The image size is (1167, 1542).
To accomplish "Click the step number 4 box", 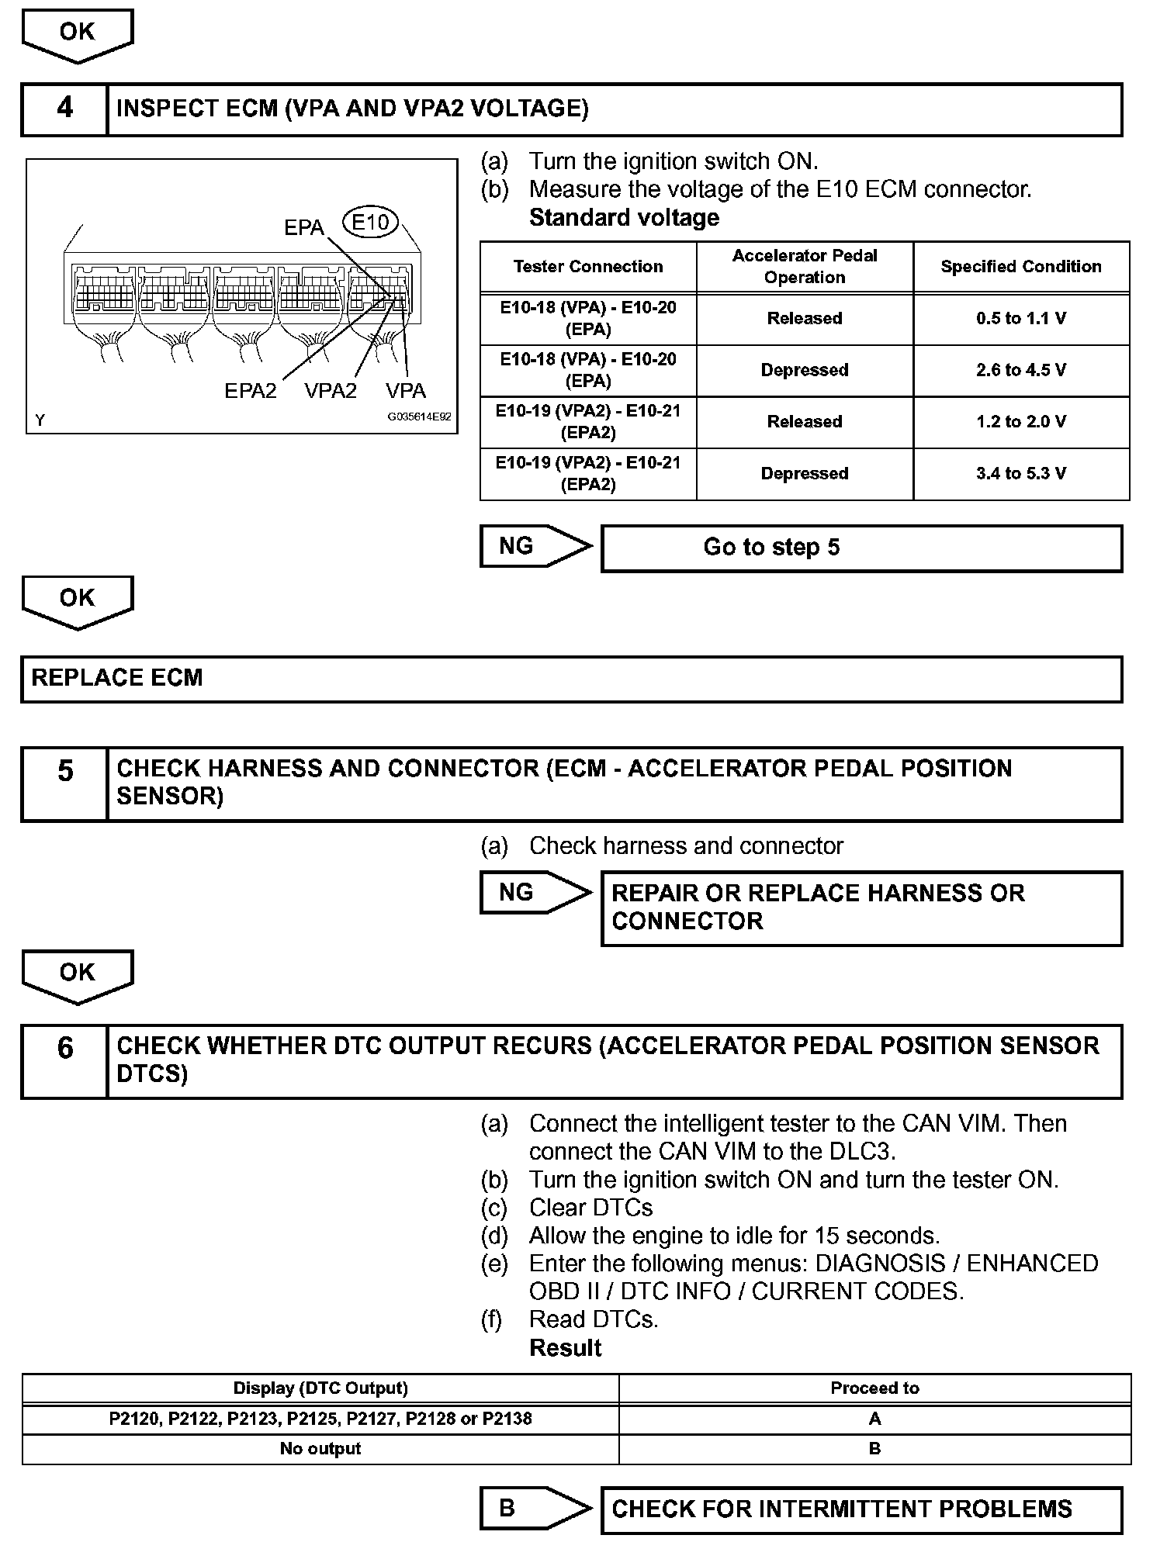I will pos(64,109).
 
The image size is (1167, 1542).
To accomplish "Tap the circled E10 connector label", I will pos(370,223).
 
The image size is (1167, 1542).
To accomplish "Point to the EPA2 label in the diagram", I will pos(250,391).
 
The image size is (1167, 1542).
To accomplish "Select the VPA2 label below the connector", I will pos(331,391).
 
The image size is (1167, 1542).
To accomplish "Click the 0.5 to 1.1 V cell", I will pos(1021,319).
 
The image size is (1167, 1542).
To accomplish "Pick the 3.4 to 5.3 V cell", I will pos(1021,474).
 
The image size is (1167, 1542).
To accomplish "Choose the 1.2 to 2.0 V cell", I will pos(1021,422).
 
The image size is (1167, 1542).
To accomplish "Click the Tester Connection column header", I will pos(588,267).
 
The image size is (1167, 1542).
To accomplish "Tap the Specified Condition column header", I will pos(1021,267).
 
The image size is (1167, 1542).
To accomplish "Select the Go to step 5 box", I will pos(861,548).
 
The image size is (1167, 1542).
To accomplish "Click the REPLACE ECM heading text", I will pos(117,678).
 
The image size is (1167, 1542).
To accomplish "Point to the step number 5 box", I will pos(64,783).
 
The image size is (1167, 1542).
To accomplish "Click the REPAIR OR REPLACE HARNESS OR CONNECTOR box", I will pos(861,908).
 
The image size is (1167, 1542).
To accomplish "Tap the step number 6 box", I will pos(64,1060).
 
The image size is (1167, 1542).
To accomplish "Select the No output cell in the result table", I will pos(320,1449).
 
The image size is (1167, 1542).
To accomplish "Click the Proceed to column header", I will pos(874,1388).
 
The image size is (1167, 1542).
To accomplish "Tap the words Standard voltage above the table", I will pos(624,218).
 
